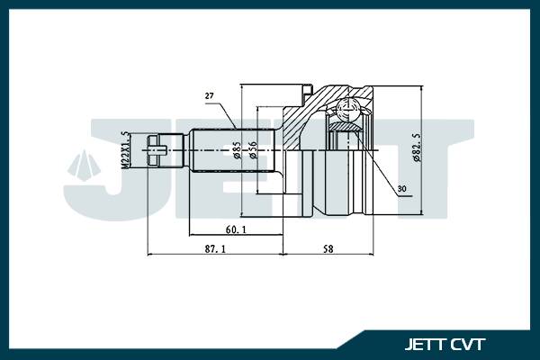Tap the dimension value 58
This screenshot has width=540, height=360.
tap(328, 247)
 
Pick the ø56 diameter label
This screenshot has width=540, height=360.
tap(254, 148)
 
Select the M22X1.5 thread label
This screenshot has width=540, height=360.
tap(126, 149)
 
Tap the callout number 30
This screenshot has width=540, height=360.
tap(400, 189)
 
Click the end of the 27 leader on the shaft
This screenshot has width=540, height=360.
tap(236, 129)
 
